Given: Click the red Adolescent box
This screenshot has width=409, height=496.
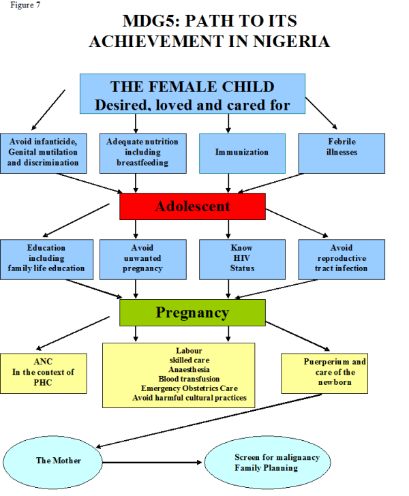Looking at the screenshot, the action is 192,206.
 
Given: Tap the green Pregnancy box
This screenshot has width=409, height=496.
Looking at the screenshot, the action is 192,313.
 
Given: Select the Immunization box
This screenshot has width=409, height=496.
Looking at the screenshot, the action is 242,153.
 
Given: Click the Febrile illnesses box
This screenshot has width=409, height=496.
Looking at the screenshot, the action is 342,153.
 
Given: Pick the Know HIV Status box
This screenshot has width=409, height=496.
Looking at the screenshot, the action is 242,260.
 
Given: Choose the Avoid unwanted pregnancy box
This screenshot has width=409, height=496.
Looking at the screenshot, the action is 143,260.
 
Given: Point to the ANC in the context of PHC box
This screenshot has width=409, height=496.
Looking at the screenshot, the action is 44,373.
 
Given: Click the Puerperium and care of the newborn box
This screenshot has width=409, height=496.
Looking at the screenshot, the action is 324,373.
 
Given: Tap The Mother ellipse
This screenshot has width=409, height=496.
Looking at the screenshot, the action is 52,462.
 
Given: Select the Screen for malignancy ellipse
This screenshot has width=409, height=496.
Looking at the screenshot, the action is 267,462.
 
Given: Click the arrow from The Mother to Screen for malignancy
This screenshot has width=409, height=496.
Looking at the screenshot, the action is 152,463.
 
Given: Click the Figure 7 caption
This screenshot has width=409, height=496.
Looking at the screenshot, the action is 25,5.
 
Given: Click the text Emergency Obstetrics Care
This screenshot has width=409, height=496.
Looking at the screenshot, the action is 190,388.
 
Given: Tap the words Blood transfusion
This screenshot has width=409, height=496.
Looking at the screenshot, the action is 189,379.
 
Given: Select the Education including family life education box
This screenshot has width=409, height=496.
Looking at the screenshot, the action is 46,260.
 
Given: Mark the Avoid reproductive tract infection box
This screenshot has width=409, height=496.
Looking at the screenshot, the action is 342,260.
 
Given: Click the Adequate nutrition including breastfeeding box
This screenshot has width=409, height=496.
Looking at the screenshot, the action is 143,153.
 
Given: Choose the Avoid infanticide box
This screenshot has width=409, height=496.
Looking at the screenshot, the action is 44,153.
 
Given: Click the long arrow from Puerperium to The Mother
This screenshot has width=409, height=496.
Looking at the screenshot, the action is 209,421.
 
